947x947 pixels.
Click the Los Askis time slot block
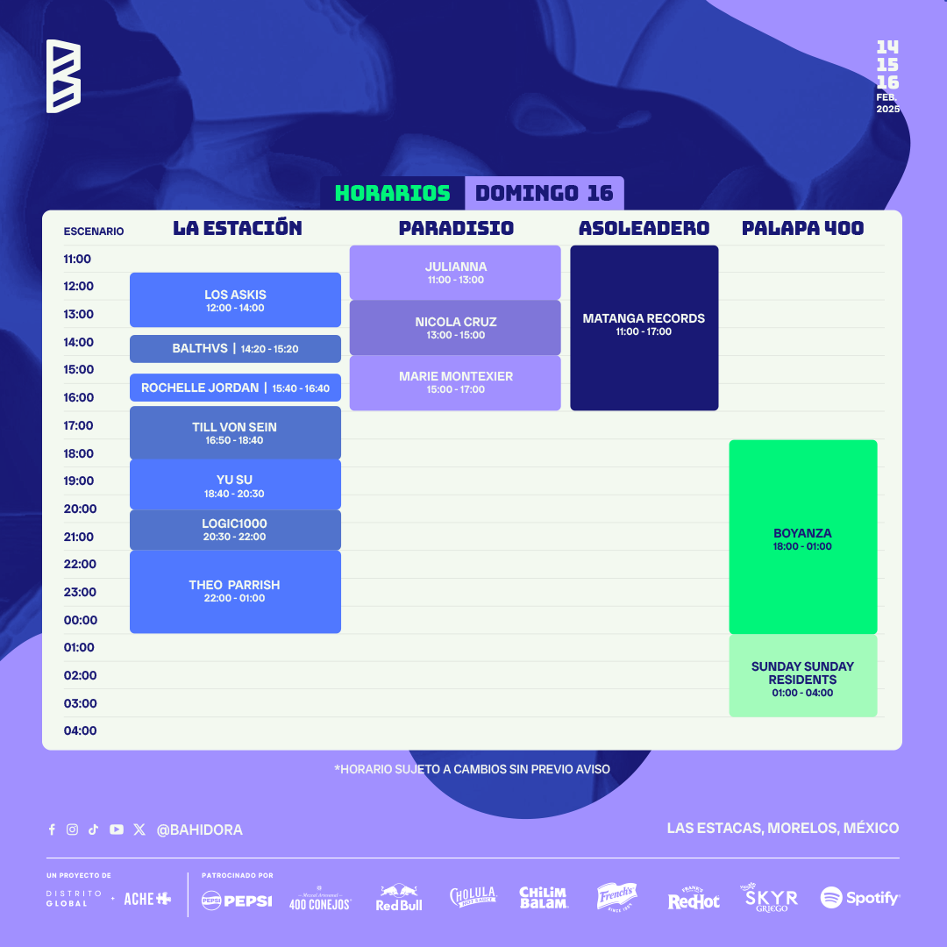(235, 300)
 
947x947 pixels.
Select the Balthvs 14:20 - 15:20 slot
(235, 348)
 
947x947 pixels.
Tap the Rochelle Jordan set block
(235, 388)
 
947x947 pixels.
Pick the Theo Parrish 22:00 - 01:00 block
(235, 592)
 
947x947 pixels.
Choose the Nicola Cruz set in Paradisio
(455, 328)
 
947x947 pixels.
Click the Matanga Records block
(644, 328)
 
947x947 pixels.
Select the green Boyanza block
(803, 537)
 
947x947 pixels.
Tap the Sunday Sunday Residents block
(803, 676)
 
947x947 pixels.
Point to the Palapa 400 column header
(802, 228)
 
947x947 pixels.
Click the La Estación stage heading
(238, 228)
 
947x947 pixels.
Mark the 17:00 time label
(79, 426)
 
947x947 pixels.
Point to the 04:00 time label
(81, 730)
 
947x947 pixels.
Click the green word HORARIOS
(393, 193)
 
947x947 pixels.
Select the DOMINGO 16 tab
(545, 193)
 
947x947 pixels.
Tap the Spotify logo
(860, 898)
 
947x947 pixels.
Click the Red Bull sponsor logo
(399, 898)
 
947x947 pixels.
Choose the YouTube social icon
(117, 830)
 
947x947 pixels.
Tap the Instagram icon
(73, 830)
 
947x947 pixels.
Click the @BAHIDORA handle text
(199, 830)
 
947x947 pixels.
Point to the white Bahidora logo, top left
(63, 76)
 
